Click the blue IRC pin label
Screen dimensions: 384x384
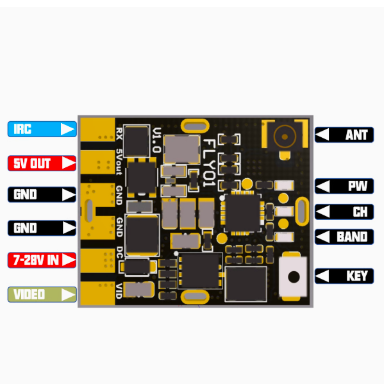(x=42, y=129)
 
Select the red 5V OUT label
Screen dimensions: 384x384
(x=42, y=163)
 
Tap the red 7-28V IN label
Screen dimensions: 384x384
(x=42, y=260)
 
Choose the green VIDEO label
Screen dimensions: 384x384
(x=42, y=294)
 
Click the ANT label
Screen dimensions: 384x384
(x=344, y=135)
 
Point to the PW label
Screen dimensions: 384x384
(x=344, y=186)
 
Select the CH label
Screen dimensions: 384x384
(x=344, y=212)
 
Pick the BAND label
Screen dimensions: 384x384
(x=344, y=237)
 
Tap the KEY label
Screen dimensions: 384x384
(x=344, y=276)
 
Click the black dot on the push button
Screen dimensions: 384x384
(x=294, y=277)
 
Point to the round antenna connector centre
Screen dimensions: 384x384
(x=285, y=137)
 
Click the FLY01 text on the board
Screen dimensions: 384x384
(x=210, y=163)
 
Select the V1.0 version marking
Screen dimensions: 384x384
(x=156, y=140)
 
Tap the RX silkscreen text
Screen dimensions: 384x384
(x=119, y=133)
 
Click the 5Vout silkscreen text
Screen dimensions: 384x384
(x=119, y=162)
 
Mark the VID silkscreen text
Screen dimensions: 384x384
(x=119, y=291)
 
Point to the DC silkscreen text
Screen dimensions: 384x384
(x=119, y=253)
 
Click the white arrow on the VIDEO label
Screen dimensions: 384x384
(x=68, y=294)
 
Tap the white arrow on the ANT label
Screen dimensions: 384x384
(x=322, y=135)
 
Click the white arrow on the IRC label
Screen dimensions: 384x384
(x=67, y=129)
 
